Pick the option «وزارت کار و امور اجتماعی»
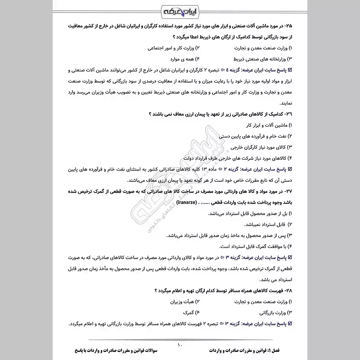[171, 47]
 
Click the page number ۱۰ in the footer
[180, 345]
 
